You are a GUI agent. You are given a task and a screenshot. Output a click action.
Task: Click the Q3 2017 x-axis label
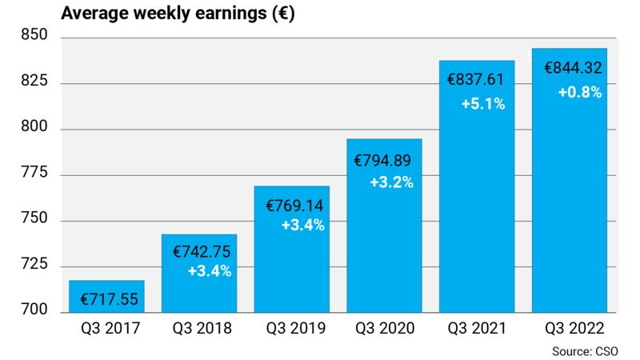(x=107, y=329)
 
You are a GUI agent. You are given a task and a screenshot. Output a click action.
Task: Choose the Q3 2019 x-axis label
(x=292, y=329)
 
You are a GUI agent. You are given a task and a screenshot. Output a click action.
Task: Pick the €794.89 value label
(x=385, y=160)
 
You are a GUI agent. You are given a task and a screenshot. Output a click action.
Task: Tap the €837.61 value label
(x=477, y=81)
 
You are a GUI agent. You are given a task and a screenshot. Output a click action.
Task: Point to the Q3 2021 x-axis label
(x=477, y=329)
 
